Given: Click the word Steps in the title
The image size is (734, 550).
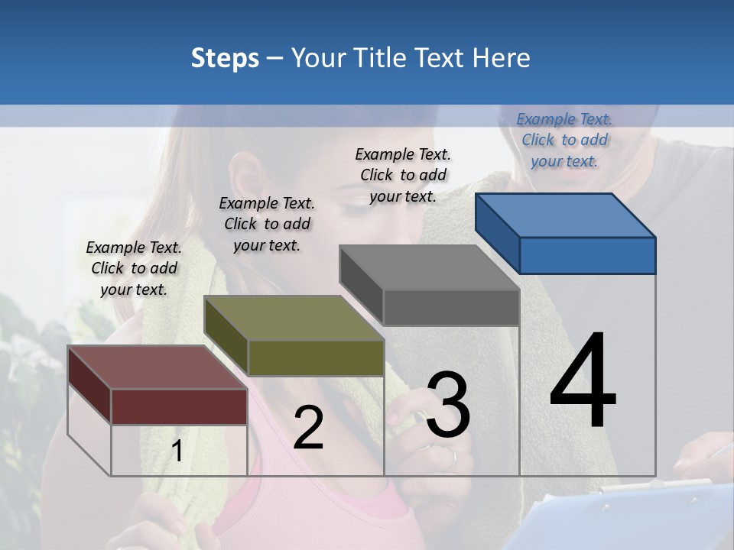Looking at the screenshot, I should click(x=225, y=58).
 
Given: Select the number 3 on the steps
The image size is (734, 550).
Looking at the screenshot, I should click(x=448, y=405).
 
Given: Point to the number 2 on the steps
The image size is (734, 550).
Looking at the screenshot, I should click(x=308, y=428).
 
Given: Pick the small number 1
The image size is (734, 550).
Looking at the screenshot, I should click(x=177, y=451).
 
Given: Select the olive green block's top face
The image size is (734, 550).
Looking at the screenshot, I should click(x=294, y=318).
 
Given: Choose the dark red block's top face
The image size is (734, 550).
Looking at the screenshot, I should click(x=158, y=367).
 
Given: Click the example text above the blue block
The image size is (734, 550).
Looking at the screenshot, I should click(x=564, y=140).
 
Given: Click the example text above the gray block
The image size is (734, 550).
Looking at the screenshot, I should click(x=403, y=175).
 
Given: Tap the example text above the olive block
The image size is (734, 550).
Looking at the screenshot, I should click(x=267, y=224).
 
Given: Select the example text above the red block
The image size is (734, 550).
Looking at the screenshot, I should click(x=134, y=268).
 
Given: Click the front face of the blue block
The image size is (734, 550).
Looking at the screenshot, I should click(x=587, y=255).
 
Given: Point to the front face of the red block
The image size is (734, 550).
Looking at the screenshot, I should click(x=179, y=406).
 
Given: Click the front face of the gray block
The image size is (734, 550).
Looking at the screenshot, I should click(x=451, y=307).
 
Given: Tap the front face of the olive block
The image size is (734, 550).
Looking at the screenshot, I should click(x=315, y=357).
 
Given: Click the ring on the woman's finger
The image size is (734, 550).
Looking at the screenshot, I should click(x=453, y=458).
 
